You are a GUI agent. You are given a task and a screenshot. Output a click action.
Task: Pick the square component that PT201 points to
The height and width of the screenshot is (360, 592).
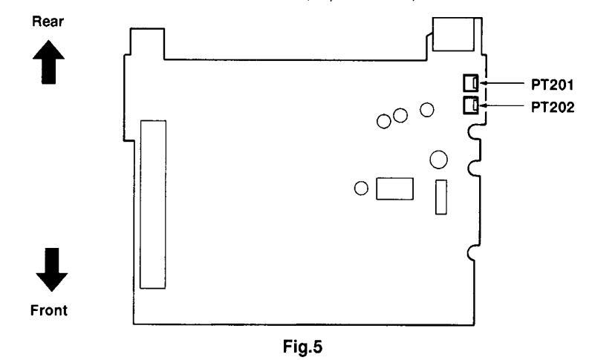(469, 82)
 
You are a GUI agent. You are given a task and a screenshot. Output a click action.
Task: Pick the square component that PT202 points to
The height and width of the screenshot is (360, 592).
(469, 105)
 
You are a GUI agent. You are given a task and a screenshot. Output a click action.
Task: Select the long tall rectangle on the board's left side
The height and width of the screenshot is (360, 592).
(153, 203)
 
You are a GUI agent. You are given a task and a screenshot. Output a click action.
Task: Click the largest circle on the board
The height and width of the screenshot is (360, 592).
(438, 159)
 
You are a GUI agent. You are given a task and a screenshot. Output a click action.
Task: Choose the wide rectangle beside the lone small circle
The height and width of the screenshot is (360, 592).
(394, 189)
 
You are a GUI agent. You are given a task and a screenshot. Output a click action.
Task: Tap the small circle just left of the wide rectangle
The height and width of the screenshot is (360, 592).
(362, 189)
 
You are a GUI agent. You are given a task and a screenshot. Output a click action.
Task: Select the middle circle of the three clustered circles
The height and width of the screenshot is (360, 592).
(400, 116)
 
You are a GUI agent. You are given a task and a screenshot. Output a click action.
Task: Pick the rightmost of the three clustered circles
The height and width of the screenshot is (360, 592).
(426, 110)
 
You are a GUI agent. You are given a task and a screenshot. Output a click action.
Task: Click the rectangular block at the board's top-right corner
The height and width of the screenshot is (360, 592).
(452, 35)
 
